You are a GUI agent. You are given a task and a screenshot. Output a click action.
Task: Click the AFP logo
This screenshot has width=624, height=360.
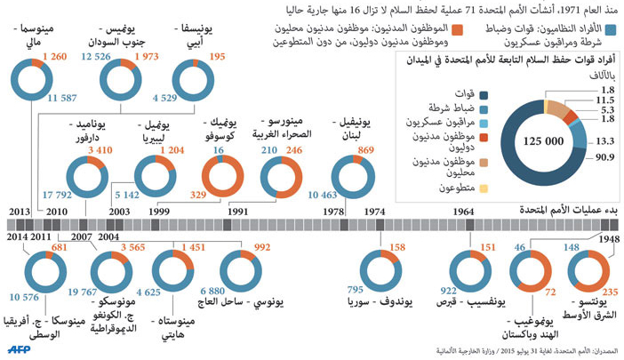21,349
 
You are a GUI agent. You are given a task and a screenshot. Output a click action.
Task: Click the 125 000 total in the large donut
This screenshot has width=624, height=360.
543,140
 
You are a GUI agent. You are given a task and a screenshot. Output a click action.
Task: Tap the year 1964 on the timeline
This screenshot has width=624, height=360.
462,211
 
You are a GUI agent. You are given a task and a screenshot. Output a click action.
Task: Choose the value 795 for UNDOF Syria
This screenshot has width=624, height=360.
356,290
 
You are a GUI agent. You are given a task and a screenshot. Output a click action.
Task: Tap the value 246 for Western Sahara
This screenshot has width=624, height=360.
294,152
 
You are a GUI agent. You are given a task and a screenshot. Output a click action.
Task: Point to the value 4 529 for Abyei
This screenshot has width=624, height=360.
166,97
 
